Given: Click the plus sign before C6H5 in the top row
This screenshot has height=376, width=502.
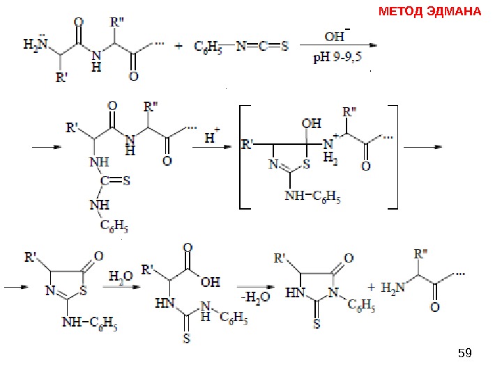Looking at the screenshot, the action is (x=179, y=47).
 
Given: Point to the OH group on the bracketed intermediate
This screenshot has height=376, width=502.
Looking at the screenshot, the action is (x=312, y=123).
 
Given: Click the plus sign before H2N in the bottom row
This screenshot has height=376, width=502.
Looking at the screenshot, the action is (x=371, y=287).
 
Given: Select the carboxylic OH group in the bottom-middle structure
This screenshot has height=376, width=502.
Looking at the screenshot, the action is (x=210, y=283).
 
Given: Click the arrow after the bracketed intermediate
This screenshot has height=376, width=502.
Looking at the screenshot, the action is (x=423, y=146).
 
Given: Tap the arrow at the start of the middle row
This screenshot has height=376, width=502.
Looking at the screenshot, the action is (x=44, y=148).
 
